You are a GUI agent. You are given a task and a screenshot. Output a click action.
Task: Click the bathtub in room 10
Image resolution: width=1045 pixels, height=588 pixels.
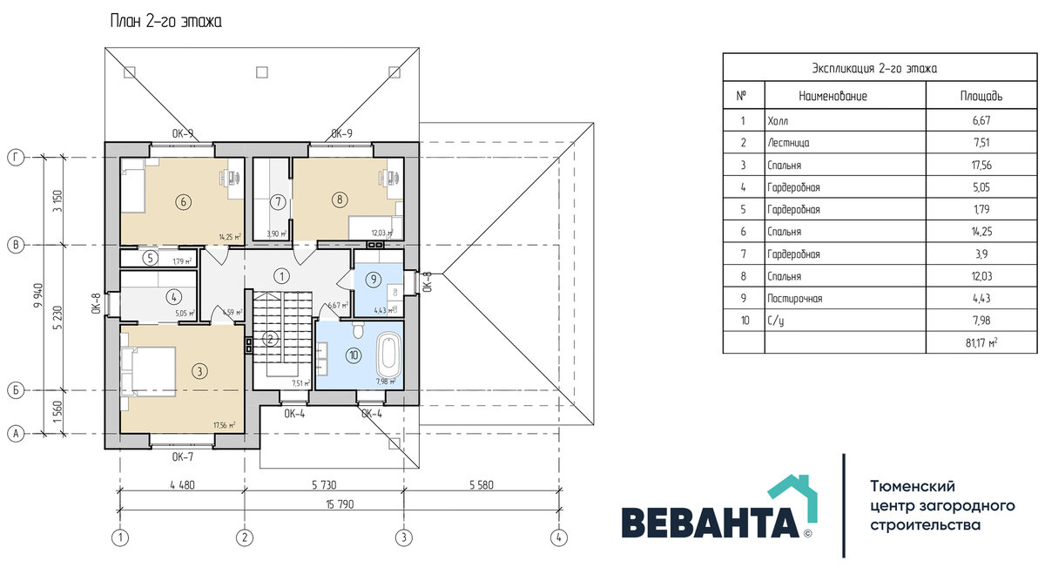pyautogui.click(x=388, y=355)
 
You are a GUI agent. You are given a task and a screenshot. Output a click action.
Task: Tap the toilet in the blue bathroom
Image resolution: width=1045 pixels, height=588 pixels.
pyautogui.click(x=358, y=329)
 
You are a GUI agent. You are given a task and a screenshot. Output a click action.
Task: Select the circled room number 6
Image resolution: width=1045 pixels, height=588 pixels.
pyautogui.click(x=183, y=202)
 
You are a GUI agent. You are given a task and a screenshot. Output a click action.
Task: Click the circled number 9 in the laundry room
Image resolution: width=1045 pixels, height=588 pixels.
pyautogui.click(x=374, y=280)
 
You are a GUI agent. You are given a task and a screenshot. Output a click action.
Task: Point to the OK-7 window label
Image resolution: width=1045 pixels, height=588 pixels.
pyautogui.click(x=182, y=456)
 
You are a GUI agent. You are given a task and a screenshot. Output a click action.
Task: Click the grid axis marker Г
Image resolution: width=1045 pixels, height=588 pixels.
pyautogui.click(x=16, y=158)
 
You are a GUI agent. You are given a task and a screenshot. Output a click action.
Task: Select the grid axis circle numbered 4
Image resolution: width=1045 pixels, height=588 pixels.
pyautogui.click(x=559, y=537)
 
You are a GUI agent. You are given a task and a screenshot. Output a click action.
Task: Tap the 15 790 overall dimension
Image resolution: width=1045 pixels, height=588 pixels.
pyautogui.click(x=340, y=504)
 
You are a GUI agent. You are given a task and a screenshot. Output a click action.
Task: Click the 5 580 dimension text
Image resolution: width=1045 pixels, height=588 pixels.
pyautogui.click(x=481, y=485)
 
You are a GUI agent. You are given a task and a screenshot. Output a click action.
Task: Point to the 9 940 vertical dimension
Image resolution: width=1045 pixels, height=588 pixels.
pyautogui.click(x=38, y=295)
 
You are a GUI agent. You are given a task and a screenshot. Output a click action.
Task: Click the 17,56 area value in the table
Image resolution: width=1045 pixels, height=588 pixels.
pyautogui.click(x=981, y=165)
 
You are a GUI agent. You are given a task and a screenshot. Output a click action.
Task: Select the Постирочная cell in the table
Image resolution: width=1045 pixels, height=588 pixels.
pyautogui.click(x=795, y=299)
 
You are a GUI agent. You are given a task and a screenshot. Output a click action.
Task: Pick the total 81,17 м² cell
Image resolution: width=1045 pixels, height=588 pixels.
pyautogui.click(x=981, y=342)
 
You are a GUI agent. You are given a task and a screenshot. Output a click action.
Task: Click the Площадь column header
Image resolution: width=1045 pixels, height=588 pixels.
pyautogui.click(x=981, y=96)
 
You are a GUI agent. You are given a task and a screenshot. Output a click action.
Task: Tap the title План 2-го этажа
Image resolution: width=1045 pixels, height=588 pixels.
pyautogui.click(x=166, y=22)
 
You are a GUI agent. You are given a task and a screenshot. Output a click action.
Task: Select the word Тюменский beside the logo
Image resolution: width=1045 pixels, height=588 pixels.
pyautogui.click(x=913, y=486)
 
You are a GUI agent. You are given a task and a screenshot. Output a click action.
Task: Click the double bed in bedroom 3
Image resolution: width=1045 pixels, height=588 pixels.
pyautogui.click(x=148, y=371)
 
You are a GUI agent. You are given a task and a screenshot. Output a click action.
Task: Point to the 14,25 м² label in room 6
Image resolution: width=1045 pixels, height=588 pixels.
pyautogui.click(x=230, y=237)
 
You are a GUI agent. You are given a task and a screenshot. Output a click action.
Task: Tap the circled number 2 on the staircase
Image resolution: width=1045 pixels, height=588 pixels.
pyautogui.click(x=270, y=339)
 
